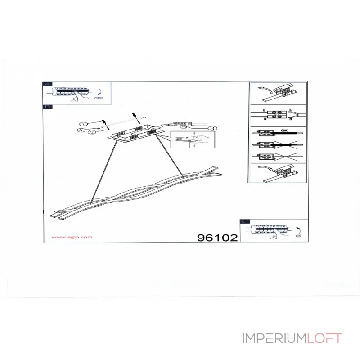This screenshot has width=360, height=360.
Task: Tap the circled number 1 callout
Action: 82,124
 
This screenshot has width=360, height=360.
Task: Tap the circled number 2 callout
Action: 91,132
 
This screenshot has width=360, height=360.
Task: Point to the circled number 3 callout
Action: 213,129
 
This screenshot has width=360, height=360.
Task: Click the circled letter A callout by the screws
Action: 80,130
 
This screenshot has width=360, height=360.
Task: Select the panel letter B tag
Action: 47,107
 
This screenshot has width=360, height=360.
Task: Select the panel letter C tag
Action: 245,222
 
